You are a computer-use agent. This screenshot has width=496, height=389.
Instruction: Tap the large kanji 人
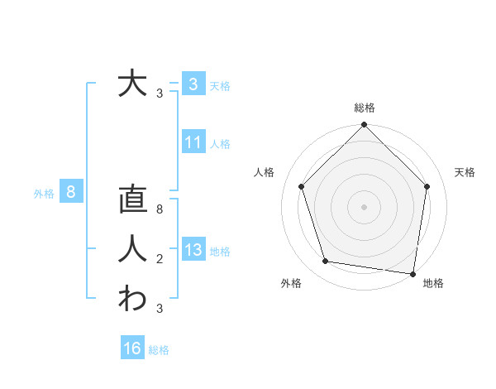point(131,249)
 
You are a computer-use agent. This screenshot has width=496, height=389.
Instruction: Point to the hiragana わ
point(131,298)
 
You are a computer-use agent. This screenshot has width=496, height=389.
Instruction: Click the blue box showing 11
point(193,142)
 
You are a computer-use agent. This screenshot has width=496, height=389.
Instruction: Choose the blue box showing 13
point(193,250)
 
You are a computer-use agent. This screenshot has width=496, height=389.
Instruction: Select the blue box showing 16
point(132,348)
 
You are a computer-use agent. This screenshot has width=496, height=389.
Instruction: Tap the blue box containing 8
point(71,193)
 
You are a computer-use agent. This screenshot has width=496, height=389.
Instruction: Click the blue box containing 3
point(193,84)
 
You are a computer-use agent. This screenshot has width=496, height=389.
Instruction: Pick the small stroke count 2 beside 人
point(160,260)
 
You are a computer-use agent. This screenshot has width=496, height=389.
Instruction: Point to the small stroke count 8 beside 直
point(160,210)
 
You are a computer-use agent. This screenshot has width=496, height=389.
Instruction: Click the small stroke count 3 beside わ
point(160,309)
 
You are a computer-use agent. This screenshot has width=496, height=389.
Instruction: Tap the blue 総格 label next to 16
point(159,350)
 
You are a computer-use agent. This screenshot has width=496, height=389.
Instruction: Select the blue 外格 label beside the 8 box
point(44,194)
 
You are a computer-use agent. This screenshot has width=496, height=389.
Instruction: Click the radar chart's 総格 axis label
point(364,108)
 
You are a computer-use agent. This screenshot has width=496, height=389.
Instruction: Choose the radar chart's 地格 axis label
point(433,283)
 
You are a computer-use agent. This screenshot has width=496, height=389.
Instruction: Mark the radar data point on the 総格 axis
point(364,126)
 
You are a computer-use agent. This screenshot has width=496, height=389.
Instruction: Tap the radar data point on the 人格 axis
point(302,186)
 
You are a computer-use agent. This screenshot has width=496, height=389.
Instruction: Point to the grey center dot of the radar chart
point(364,206)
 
